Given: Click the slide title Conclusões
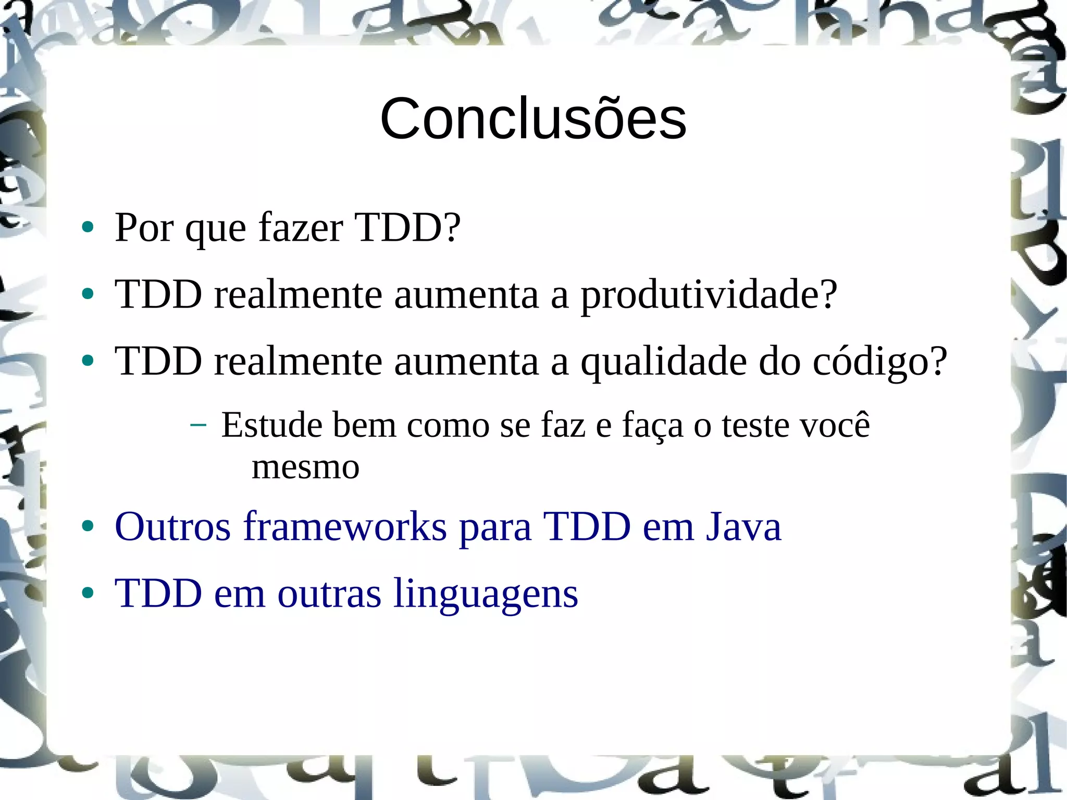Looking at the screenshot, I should coord(533,119).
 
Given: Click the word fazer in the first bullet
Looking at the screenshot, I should coord(301,228).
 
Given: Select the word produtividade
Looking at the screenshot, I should coord(709,295).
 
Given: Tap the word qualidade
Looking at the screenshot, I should coord(664,362).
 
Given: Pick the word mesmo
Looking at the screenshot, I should coord(305,467).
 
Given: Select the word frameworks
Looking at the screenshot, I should coord(345,527).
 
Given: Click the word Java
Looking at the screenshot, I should coord(743,527).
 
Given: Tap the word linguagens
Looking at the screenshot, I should coord(486,594).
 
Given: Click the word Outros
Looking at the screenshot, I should coord(172,527).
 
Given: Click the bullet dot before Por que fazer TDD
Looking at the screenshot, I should coord(88,228).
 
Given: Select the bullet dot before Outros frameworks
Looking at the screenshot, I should coord(88,527).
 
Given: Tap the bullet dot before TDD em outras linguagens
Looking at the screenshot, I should coord(88,594).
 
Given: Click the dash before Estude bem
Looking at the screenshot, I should coord(198,425).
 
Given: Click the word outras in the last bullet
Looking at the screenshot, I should coord(329,594).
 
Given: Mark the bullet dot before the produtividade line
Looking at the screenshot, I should coord(88,294).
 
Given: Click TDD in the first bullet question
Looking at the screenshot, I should coord(406,228).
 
